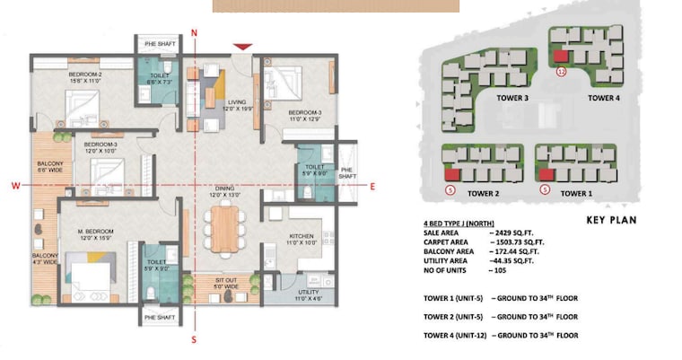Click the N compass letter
click(195, 32)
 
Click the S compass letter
click(194, 339)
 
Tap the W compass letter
click(15, 186)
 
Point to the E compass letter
click(372, 186)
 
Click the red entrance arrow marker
click(241, 47)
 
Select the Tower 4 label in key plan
click(604, 98)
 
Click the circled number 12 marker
click(562, 71)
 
